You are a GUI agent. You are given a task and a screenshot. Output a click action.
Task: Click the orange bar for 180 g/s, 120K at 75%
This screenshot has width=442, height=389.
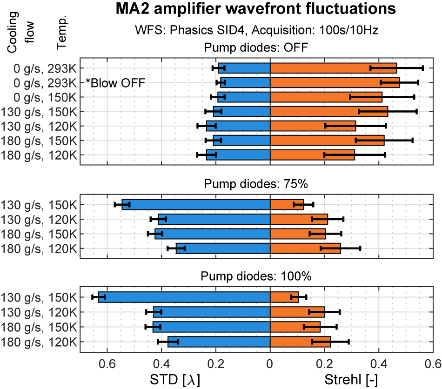pyautogui.click(x=305, y=248)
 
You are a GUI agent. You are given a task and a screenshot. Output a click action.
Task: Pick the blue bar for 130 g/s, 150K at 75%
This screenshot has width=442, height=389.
pyautogui.click(x=196, y=204)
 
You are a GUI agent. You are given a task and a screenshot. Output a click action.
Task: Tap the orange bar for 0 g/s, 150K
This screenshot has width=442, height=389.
pyautogui.click(x=326, y=97)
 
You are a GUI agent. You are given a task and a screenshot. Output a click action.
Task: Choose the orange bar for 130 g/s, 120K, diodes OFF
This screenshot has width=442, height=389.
pyautogui.click(x=313, y=126)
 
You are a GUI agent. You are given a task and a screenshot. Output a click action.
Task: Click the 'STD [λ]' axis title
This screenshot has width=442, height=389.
pyautogui.click(x=174, y=380)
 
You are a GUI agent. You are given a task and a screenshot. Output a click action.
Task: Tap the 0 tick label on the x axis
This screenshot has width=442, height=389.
pyautogui.click(x=270, y=363)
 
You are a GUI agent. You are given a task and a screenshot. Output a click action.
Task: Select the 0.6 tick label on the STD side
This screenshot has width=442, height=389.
pyautogui.click(x=108, y=363)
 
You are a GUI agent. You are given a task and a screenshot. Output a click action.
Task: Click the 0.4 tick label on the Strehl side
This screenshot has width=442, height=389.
pyautogui.click(x=378, y=363)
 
